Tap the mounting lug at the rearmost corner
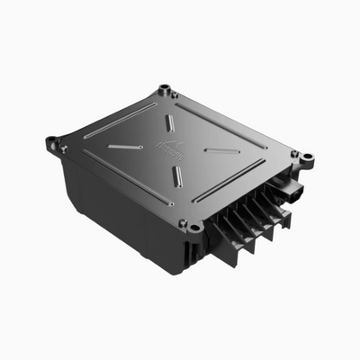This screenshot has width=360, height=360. point(165,90)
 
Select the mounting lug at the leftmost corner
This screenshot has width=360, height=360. point(52,141)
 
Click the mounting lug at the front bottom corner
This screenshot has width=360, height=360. point(194,228)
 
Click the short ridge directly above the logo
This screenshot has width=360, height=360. point(170,123)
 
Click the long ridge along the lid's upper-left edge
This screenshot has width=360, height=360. point(121,120)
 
